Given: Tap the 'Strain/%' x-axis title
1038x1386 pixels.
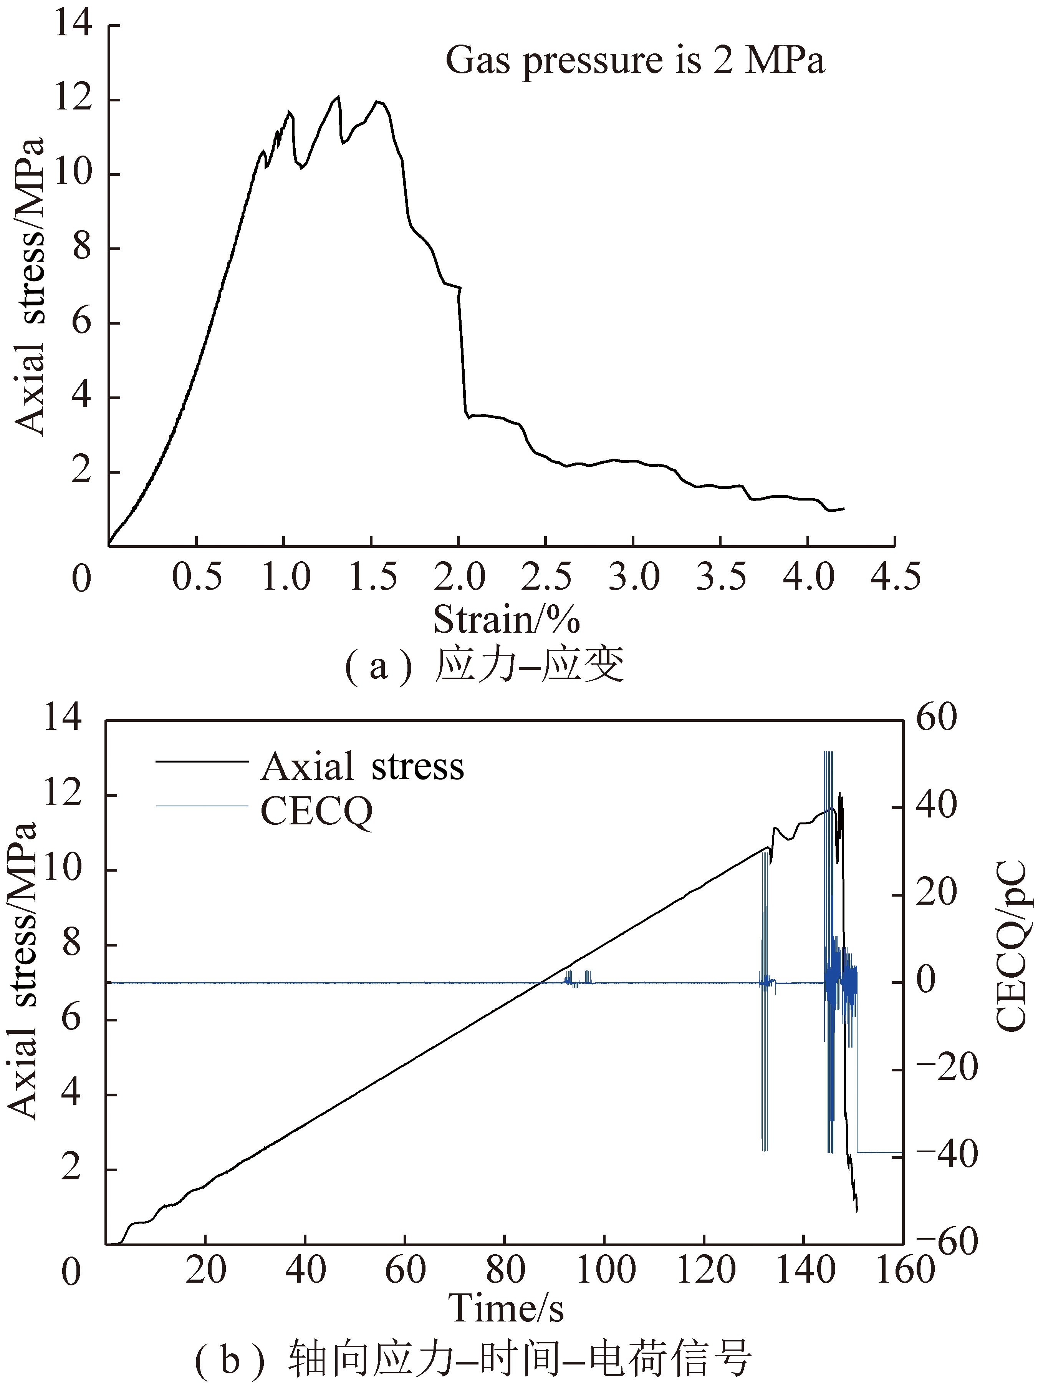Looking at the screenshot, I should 506,620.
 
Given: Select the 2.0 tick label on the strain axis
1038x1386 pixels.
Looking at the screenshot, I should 459,577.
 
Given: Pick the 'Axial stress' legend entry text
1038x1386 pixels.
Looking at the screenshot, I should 362,766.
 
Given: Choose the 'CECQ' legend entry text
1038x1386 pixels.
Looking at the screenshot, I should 316,811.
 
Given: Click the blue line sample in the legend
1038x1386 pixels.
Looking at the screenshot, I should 202,806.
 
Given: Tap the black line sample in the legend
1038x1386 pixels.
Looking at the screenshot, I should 202,761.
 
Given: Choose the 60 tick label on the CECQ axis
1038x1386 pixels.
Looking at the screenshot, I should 937,718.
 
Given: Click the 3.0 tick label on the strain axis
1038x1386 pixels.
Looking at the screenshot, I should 634,577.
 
